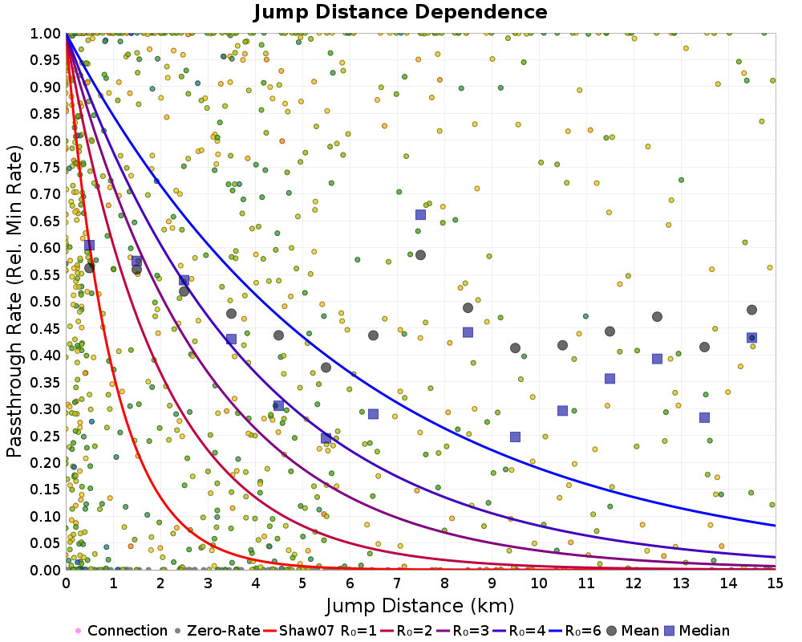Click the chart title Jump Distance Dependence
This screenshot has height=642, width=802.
click(400, 13)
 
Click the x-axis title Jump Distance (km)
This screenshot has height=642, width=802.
click(420, 605)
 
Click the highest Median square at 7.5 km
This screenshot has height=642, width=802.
click(420, 214)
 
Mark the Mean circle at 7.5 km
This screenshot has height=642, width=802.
click(420, 255)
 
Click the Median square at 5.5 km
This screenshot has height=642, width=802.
click(326, 438)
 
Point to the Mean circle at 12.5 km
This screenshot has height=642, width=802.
click(657, 317)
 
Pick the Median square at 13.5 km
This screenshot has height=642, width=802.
click(704, 417)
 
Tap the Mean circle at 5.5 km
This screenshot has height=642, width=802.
click(326, 368)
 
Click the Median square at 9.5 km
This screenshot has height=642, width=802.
click(515, 437)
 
